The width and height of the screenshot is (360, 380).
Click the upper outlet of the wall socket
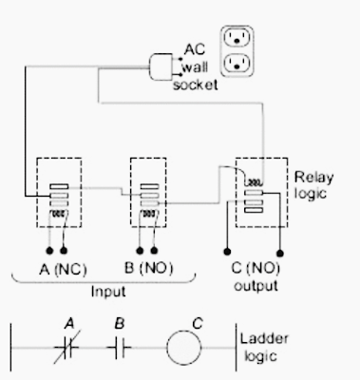pyautogui.click(x=237, y=37)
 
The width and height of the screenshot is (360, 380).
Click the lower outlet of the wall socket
pyautogui.click(x=237, y=63)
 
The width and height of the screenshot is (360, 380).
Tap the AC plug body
pyautogui.click(x=161, y=66)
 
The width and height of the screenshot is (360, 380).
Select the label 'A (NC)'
pyautogui.click(x=63, y=270)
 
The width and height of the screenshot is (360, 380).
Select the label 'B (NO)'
pyautogui.click(x=148, y=269)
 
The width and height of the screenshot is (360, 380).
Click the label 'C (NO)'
pyautogui.click(x=256, y=269)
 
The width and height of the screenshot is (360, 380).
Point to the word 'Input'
pyautogui.click(x=108, y=292)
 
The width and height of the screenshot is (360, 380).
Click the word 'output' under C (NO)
pyautogui.click(x=256, y=286)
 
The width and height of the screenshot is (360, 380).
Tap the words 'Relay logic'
pyautogui.click(x=313, y=185)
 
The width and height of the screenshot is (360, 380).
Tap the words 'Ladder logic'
pyautogui.click(x=264, y=348)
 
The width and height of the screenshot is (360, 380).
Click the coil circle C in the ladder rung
pyautogui.click(x=183, y=348)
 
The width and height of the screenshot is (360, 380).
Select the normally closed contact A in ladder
pyautogui.click(x=67, y=348)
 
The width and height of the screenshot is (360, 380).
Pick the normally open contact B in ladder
pyautogui.click(x=119, y=348)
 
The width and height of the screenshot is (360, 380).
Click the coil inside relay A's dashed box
pyautogui.click(x=59, y=214)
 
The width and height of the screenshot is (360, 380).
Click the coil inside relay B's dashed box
pyautogui.click(x=149, y=214)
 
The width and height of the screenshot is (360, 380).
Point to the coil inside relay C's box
pyautogui.click(x=254, y=182)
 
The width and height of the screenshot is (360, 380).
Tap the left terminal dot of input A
pyautogui.click(x=49, y=251)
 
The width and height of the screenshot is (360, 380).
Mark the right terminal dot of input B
pyautogui.click(x=154, y=251)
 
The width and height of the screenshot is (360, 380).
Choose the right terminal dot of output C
pyautogui.click(x=280, y=253)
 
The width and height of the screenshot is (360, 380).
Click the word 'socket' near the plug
pyautogui.click(x=196, y=85)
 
